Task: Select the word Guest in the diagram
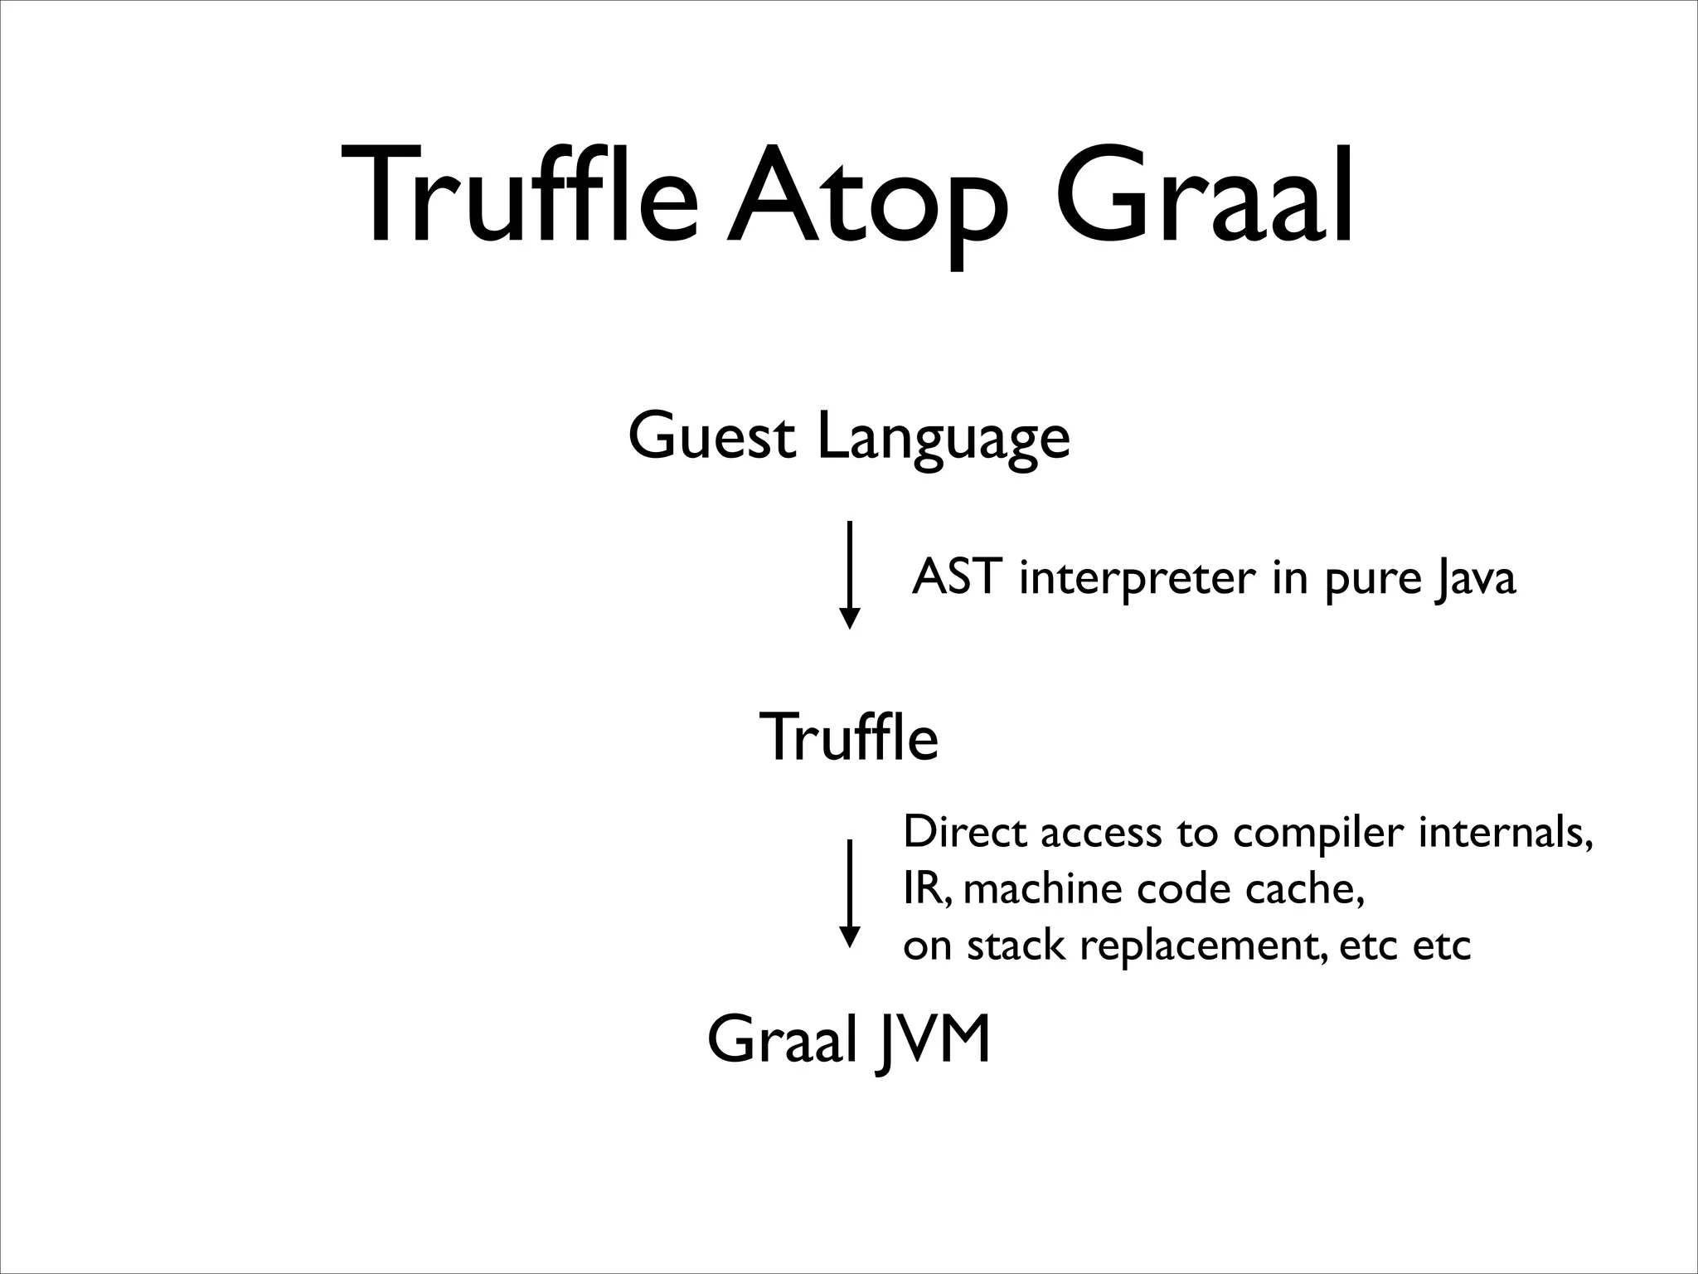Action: point(711,437)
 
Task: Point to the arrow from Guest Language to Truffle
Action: point(849,574)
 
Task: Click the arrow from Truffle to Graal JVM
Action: point(849,892)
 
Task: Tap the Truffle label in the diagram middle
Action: point(849,737)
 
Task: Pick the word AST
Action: point(953,577)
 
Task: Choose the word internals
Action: point(1505,832)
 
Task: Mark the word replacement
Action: point(1199,946)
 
